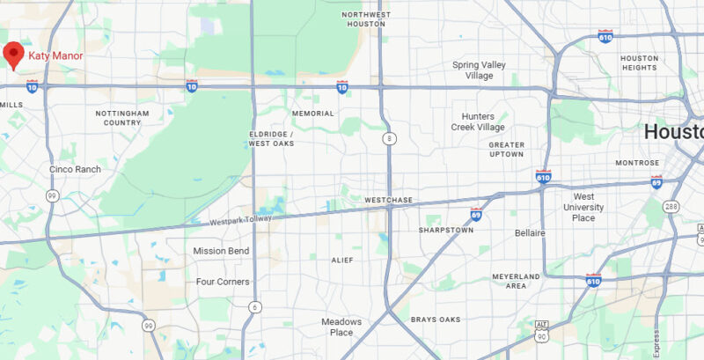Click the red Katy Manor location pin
point(13,54)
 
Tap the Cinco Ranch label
point(75,169)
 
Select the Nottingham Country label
point(122,118)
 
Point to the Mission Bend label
point(221,251)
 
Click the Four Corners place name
point(222,282)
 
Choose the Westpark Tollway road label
point(240,219)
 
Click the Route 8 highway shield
point(388,139)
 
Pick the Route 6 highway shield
point(255,306)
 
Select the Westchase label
point(388,201)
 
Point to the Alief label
point(341,260)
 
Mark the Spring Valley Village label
point(479,70)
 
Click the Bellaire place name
point(530,232)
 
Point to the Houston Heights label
point(639,63)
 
